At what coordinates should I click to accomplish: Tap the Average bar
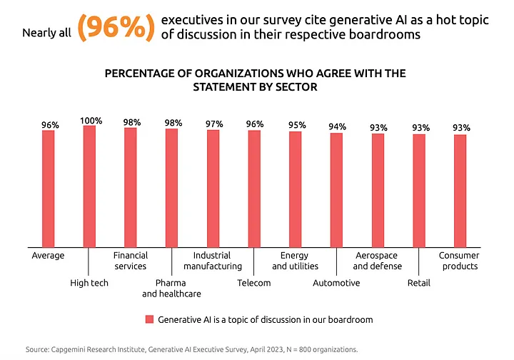point(48,189)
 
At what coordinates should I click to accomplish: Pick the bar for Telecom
point(254,189)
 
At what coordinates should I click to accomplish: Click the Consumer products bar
point(460,191)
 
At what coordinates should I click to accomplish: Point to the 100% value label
point(90,120)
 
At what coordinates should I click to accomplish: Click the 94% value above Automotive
point(337,127)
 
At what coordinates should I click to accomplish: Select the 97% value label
point(213,124)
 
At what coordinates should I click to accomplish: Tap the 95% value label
point(296,126)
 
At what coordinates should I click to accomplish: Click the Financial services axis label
point(131,261)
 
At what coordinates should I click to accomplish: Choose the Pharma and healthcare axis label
point(171,289)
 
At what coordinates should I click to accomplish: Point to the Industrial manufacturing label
point(213,261)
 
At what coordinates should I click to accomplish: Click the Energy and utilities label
point(294,261)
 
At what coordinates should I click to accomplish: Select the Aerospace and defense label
point(377,261)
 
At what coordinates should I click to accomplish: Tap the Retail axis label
point(418,283)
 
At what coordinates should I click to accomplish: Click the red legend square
point(148,319)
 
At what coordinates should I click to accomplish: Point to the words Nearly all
point(46,33)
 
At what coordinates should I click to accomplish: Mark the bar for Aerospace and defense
point(378,191)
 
